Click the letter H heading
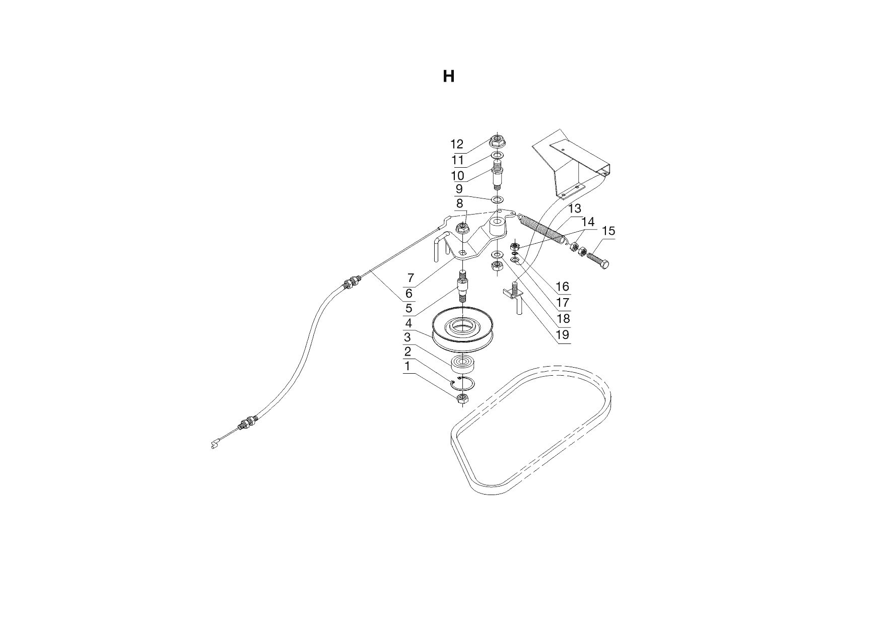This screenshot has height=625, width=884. click(x=448, y=77)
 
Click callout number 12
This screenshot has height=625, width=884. click(x=457, y=145)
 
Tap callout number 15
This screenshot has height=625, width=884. click(x=608, y=231)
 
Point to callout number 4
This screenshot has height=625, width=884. click(x=409, y=323)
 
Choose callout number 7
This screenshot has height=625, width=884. click(x=411, y=277)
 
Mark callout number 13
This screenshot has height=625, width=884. click(x=575, y=209)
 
